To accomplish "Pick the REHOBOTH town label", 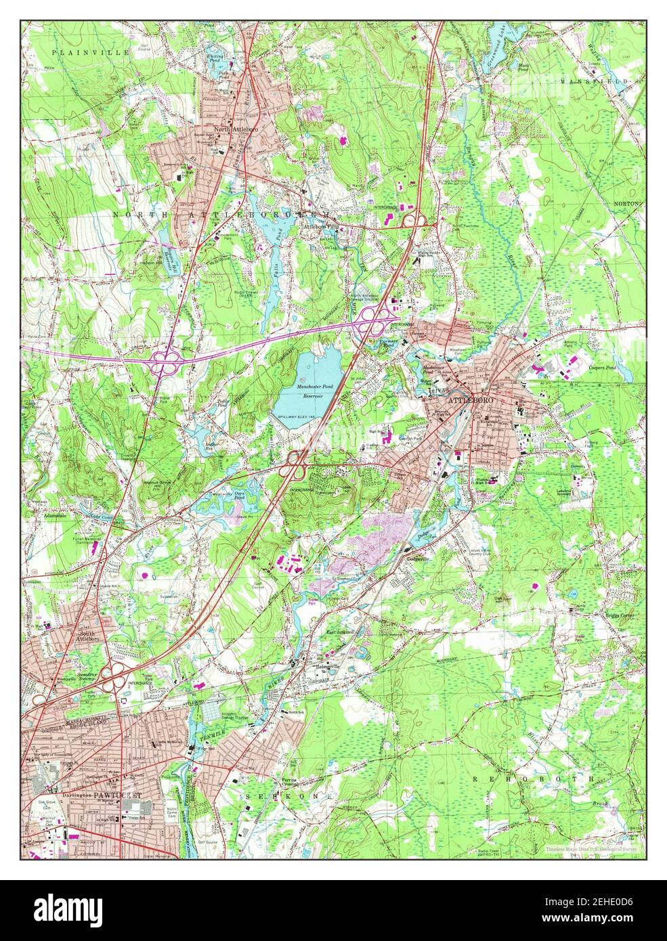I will pyautogui.click(x=532, y=779).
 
